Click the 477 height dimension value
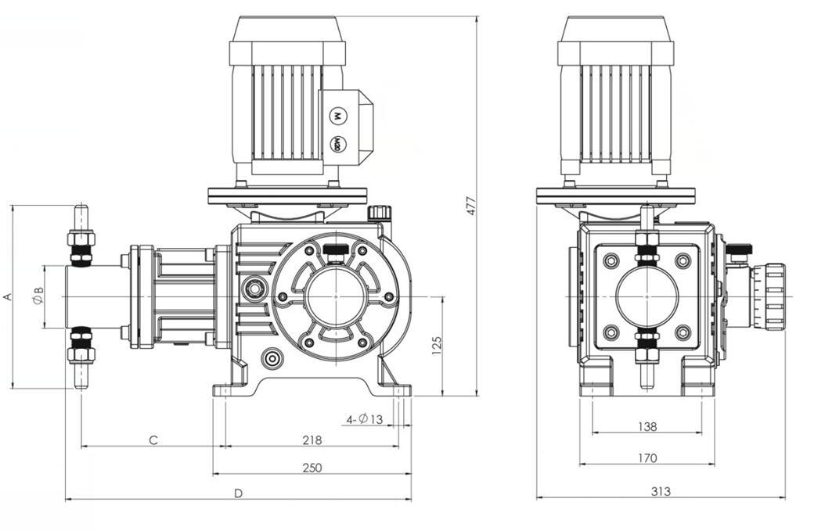coord(471,205)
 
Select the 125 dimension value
coord(437,345)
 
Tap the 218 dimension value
coord(312,440)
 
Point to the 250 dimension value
coord(312,468)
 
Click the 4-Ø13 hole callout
coord(365,420)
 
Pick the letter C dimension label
coord(154,440)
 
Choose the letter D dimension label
coord(238,493)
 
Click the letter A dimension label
coord(7,296)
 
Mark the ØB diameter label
coord(38,296)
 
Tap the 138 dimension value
coord(647,426)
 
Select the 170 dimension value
coord(647,458)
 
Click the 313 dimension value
coord(660,492)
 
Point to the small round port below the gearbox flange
coord(272,357)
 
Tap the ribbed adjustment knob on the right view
coord(773,296)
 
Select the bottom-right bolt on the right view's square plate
coord(683,332)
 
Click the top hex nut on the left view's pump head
coord(81,238)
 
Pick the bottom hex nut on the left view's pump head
coord(81,354)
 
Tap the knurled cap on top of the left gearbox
coord(380,212)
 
